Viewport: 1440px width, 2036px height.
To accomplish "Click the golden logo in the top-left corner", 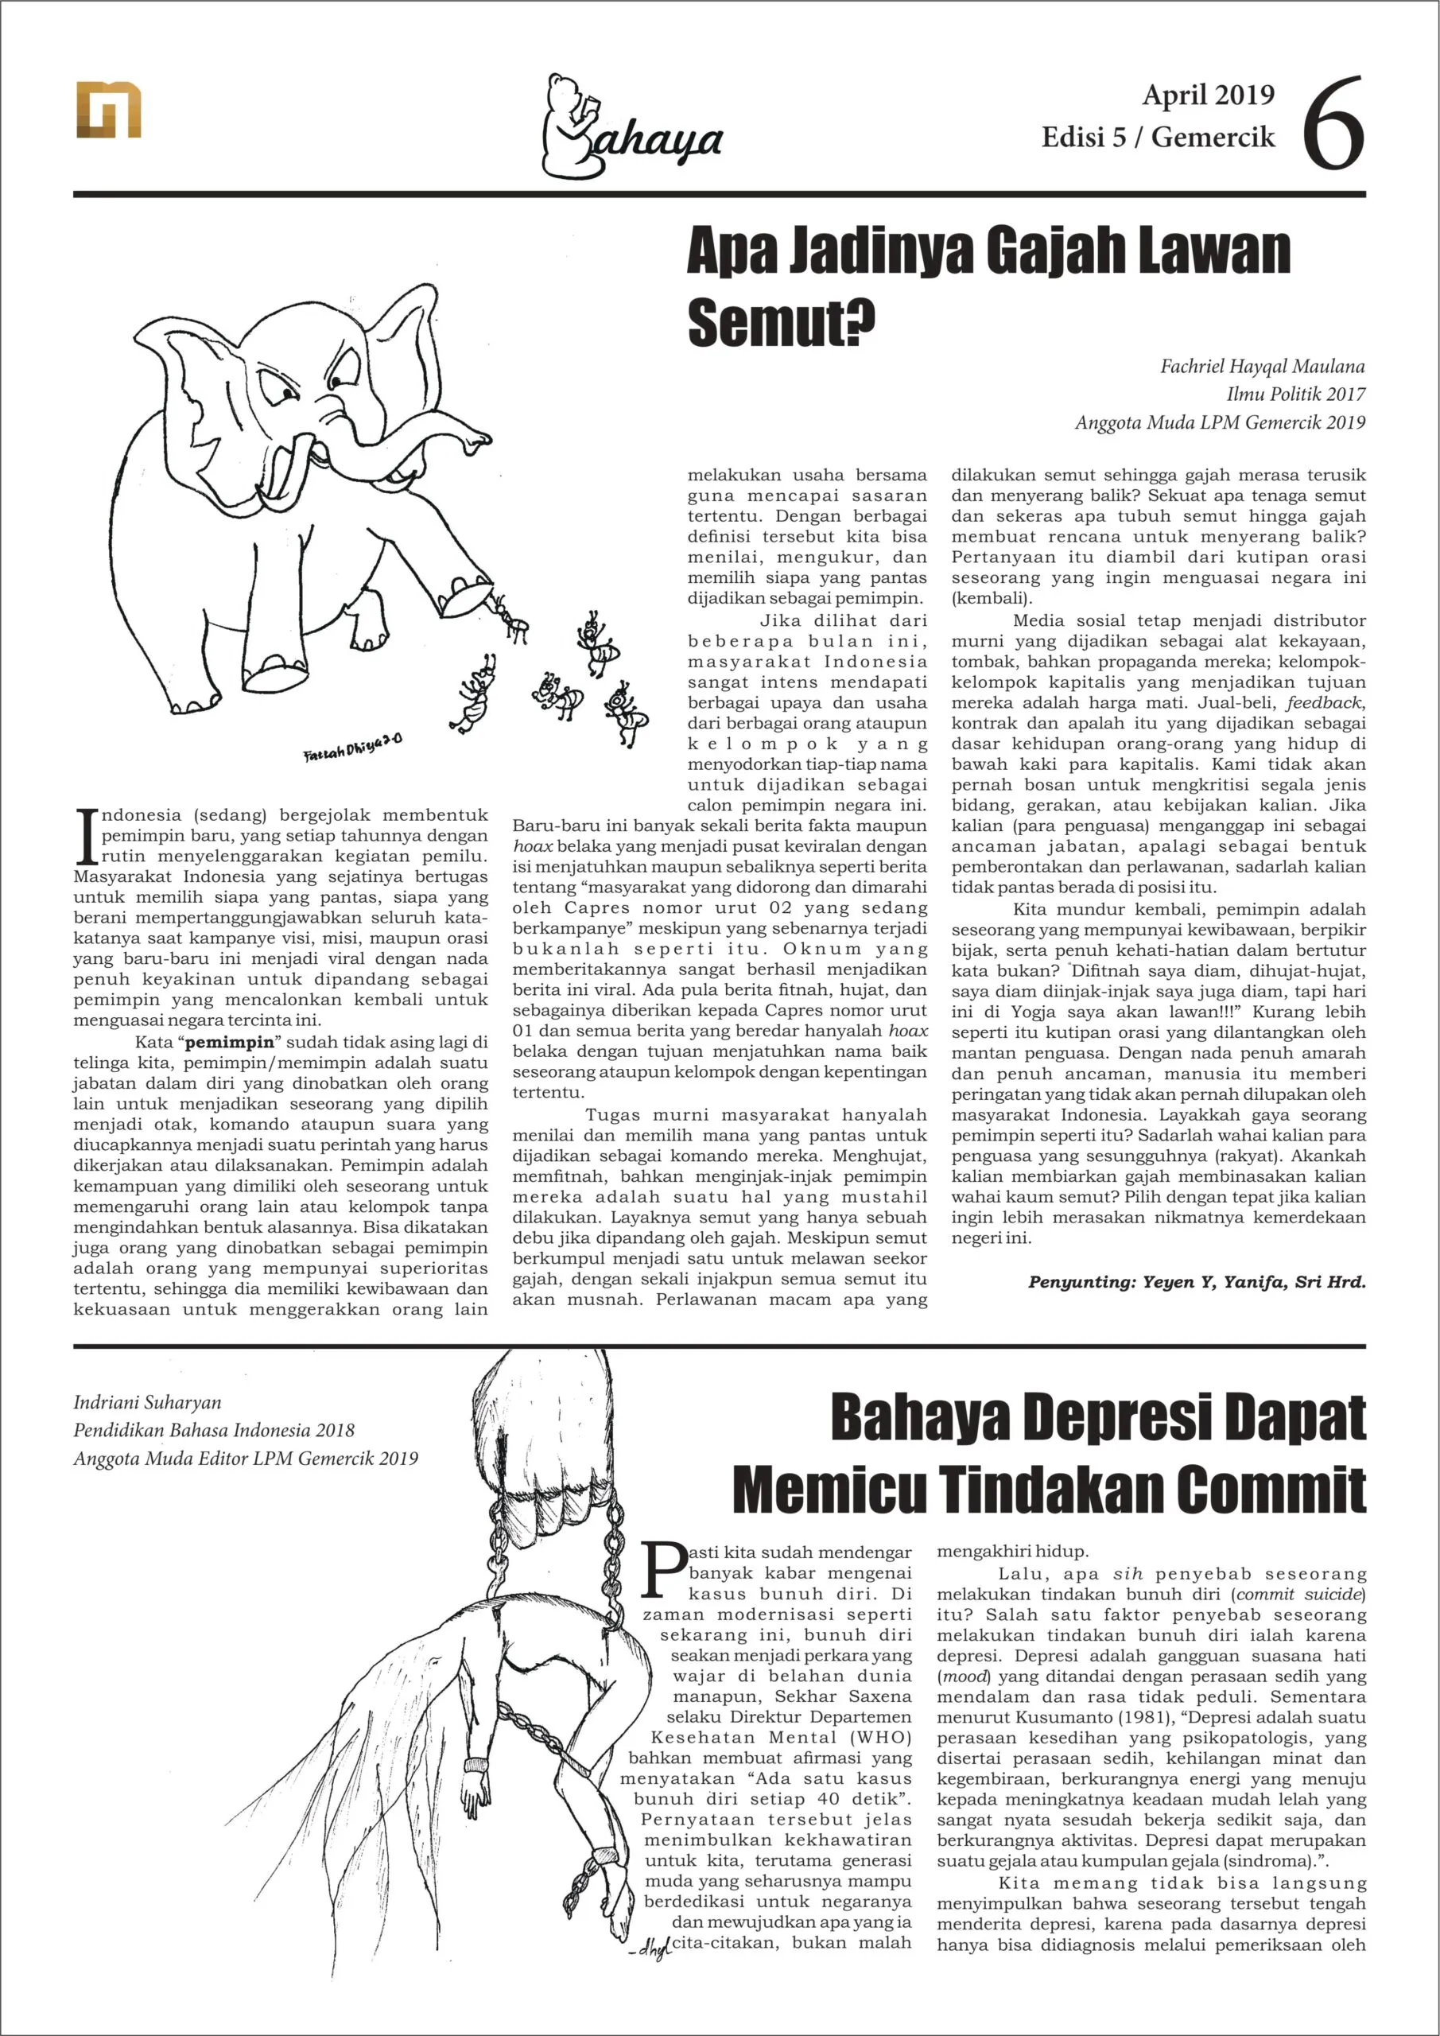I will (x=108, y=109).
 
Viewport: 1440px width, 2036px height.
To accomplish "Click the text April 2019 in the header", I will (x=1208, y=95).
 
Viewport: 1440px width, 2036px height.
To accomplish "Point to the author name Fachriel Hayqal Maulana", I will (x=1262, y=366).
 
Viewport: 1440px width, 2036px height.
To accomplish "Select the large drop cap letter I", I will (x=86, y=836).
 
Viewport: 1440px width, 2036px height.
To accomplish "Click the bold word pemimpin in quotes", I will (x=230, y=1042).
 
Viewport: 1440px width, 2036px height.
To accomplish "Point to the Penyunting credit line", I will (x=1196, y=1282).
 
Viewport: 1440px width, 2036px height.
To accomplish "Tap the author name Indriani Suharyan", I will (x=147, y=1402).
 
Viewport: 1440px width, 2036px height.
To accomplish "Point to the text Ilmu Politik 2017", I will (x=1295, y=394).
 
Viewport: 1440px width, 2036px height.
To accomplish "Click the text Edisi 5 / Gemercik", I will (x=1157, y=138).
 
